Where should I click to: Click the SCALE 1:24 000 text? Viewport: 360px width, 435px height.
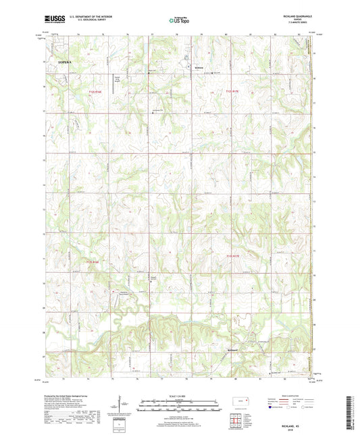tap(180, 394)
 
